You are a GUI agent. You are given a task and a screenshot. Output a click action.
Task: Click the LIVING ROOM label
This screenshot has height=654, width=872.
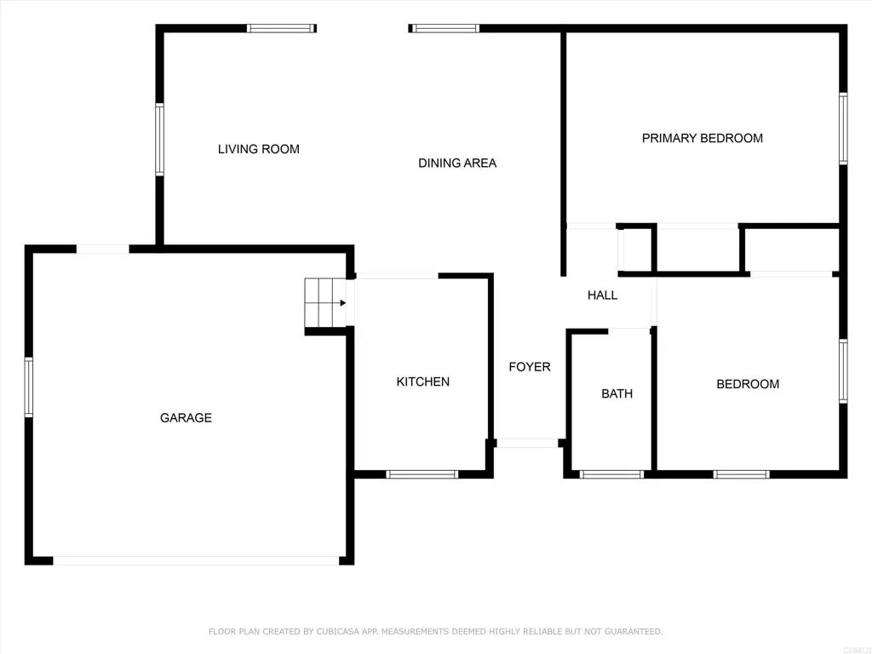tap(258, 149)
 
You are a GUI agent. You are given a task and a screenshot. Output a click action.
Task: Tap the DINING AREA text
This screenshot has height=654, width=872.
tap(456, 163)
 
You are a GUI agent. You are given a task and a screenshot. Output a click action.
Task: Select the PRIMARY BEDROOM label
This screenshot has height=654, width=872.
tap(702, 138)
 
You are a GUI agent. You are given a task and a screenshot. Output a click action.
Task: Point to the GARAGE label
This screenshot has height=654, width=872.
tap(186, 418)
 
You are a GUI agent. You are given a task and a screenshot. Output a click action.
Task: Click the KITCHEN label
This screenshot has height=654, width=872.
tap(422, 381)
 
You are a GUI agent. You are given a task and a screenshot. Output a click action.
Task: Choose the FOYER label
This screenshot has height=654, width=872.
tap(529, 367)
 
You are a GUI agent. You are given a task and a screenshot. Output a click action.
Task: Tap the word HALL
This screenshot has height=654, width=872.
tap(602, 295)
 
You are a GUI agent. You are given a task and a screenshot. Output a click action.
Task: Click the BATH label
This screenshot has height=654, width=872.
tap(617, 393)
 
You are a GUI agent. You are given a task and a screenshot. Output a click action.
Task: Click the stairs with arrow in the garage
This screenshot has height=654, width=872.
tap(324, 302)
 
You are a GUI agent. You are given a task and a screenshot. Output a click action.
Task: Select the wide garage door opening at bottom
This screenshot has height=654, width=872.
tap(196, 560)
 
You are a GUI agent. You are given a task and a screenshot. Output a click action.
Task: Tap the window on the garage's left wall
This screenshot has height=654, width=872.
tap(29, 387)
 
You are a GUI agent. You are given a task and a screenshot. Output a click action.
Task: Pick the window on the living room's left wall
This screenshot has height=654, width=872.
tap(159, 140)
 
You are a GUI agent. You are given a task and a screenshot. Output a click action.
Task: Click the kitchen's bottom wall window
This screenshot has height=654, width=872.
tap(422, 474)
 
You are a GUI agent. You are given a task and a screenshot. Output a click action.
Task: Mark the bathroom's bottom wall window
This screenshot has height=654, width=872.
tap(611, 474)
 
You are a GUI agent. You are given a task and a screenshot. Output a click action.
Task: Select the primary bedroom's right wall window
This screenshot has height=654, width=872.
tap(842, 128)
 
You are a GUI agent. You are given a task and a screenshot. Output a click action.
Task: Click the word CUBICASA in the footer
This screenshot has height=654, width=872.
tap(339, 632)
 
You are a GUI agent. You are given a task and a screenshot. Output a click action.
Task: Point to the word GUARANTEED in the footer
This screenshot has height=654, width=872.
tap(630, 632)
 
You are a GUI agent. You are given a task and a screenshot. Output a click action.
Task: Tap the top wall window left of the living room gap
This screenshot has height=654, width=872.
tap(281, 28)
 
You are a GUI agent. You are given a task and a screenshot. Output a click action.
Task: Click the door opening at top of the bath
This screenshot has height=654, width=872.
tap(629, 330)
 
